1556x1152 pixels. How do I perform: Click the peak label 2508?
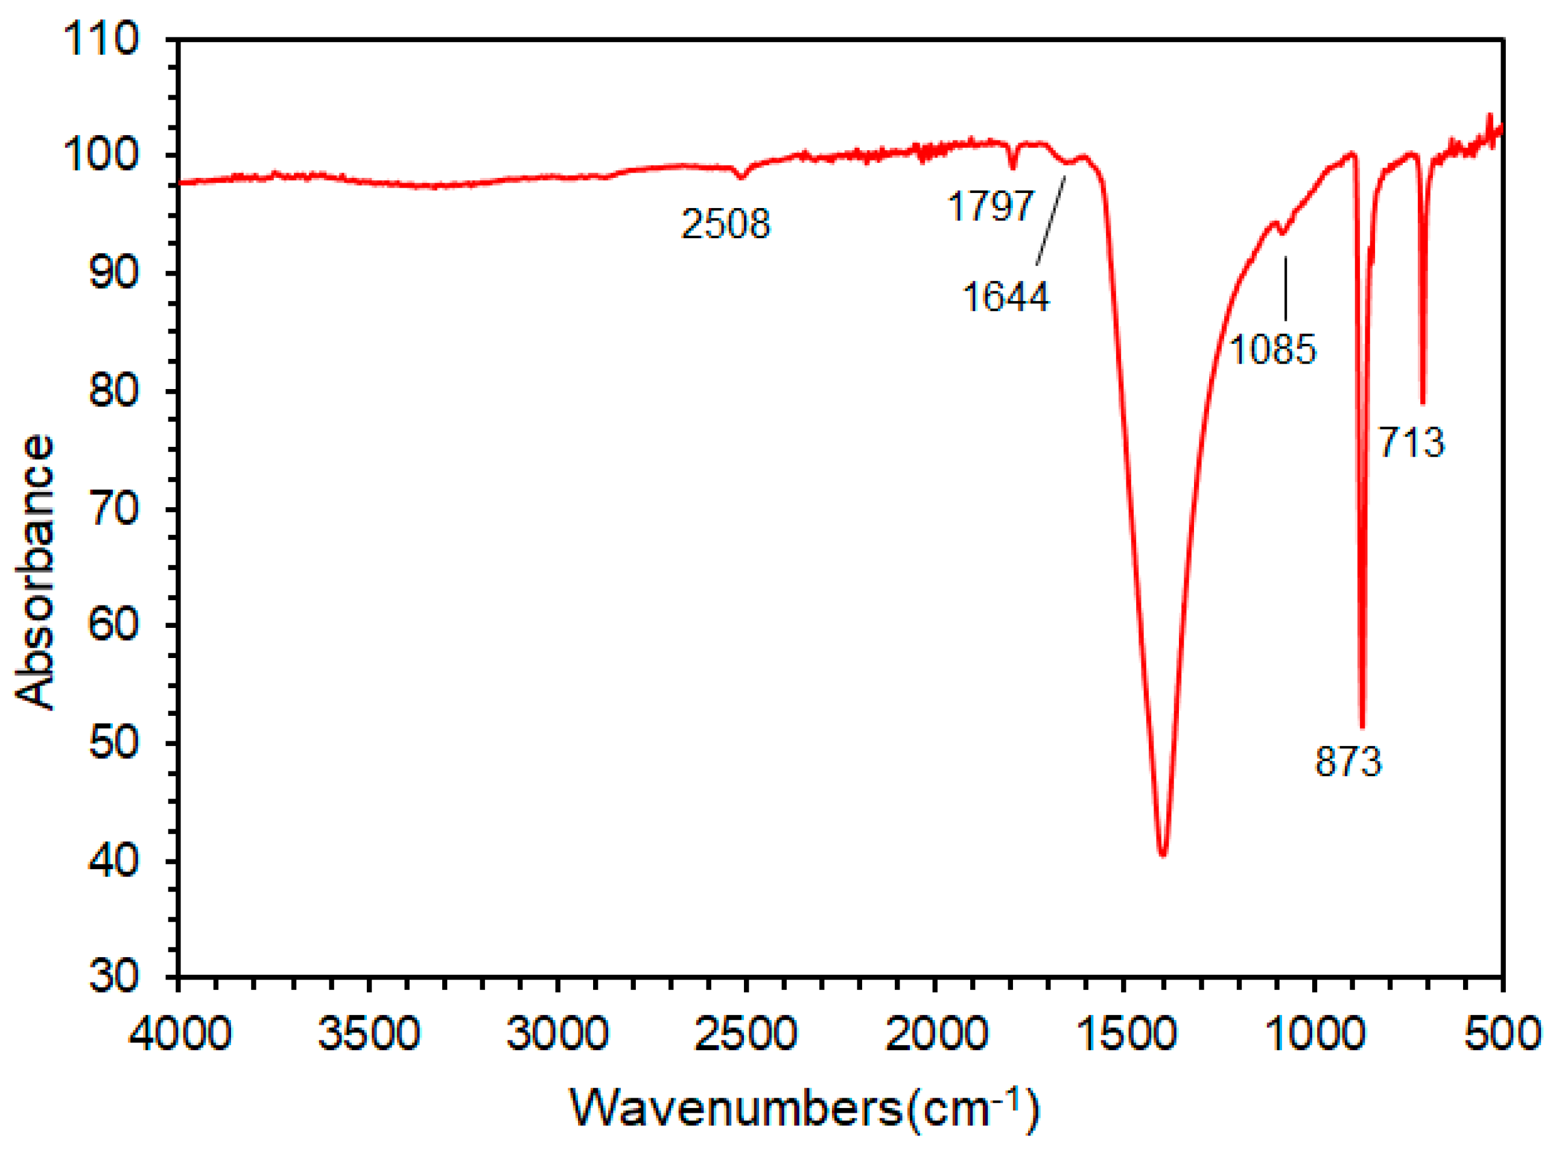(725, 224)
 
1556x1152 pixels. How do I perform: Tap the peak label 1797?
(989, 206)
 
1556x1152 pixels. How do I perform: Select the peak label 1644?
(1005, 297)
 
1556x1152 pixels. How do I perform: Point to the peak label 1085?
(1272, 349)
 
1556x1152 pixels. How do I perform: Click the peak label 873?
(1347, 762)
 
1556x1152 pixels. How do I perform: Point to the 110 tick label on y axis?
(101, 39)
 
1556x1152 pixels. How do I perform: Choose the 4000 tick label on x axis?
(180, 1033)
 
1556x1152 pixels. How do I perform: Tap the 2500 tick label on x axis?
(746, 1033)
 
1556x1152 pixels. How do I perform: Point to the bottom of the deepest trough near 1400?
(1162, 854)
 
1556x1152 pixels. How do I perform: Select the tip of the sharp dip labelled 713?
(1423, 402)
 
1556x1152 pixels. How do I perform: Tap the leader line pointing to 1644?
(1051, 220)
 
